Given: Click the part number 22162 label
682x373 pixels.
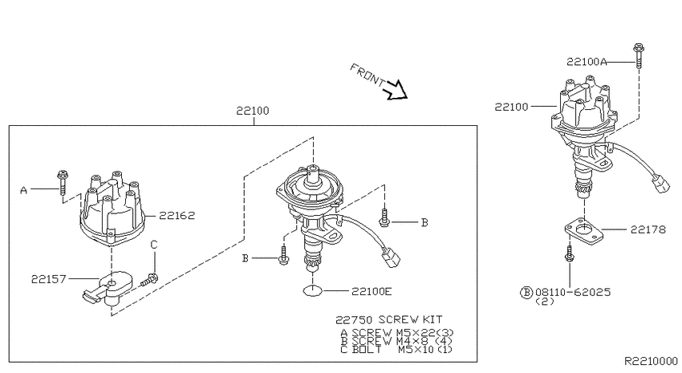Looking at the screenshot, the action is click(x=177, y=215).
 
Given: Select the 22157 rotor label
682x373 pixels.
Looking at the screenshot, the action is click(x=49, y=279).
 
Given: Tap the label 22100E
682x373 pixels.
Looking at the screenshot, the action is click(x=371, y=291).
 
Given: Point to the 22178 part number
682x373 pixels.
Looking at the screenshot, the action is click(x=648, y=229).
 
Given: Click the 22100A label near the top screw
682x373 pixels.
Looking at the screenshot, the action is click(x=587, y=62).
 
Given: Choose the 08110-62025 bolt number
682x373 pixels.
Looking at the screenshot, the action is click(x=573, y=292).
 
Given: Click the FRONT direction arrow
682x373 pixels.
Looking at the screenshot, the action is click(x=395, y=90).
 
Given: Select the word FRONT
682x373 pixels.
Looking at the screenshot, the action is click(x=367, y=75).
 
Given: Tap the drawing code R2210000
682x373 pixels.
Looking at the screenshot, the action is click(x=652, y=361).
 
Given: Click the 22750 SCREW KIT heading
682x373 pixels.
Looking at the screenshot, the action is click(x=389, y=320).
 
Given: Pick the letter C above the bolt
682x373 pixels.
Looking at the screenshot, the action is click(x=153, y=245).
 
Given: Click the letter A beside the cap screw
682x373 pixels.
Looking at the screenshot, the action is click(x=23, y=190).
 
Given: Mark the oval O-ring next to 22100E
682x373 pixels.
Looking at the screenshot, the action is click(x=313, y=291).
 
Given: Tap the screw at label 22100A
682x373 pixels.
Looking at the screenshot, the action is click(x=639, y=55).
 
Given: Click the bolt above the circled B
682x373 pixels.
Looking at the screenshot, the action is click(x=569, y=254).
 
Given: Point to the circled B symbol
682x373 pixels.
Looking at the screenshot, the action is click(x=526, y=292).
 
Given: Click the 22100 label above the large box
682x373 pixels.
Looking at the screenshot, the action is click(x=253, y=111).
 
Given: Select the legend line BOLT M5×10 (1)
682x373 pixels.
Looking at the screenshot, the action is click(x=396, y=350).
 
